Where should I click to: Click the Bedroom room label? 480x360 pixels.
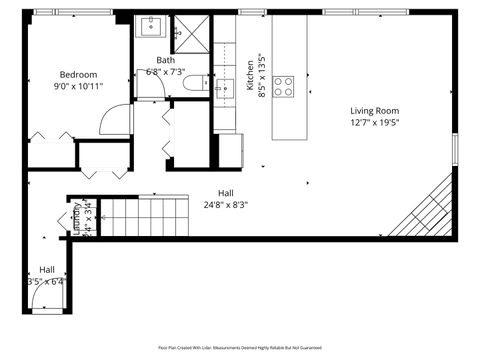click(x=78, y=75)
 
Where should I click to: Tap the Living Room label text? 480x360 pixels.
click(x=374, y=110)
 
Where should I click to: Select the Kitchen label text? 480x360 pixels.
click(x=250, y=76)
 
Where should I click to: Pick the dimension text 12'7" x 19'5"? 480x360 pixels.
click(x=374, y=122)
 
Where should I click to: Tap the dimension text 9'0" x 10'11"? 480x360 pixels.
click(x=78, y=87)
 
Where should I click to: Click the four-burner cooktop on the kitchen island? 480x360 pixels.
click(x=284, y=86)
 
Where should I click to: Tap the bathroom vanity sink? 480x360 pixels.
click(x=152, y=27)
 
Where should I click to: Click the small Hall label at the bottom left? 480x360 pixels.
click(x=47, y=269)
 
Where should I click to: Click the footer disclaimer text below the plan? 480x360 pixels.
click(x=240, y=347)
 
